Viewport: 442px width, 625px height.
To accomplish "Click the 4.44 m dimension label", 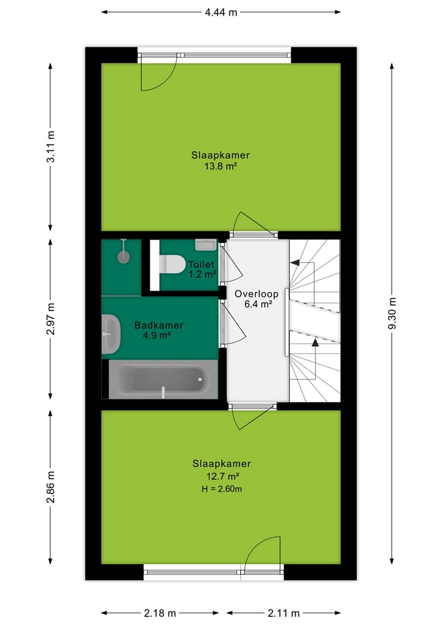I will coord(220,12).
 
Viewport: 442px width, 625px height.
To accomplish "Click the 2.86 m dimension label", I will coord(51,486).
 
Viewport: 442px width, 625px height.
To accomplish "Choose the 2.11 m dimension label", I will coord(283,613).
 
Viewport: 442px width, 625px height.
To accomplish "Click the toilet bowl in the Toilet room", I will coord(173,264).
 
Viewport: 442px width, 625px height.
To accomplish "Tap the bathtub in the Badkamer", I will coord(163,380).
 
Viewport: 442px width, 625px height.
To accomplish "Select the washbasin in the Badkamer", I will coord(111,334).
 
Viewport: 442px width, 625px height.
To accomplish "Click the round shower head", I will coord(124,256).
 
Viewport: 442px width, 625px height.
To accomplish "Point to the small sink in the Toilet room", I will coord(206,245).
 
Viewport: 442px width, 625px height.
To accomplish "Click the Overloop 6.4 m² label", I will coord(257,299).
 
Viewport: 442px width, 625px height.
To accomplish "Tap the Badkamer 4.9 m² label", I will coord(158,330).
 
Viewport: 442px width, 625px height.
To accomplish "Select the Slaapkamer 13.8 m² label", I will coord(220,160).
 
